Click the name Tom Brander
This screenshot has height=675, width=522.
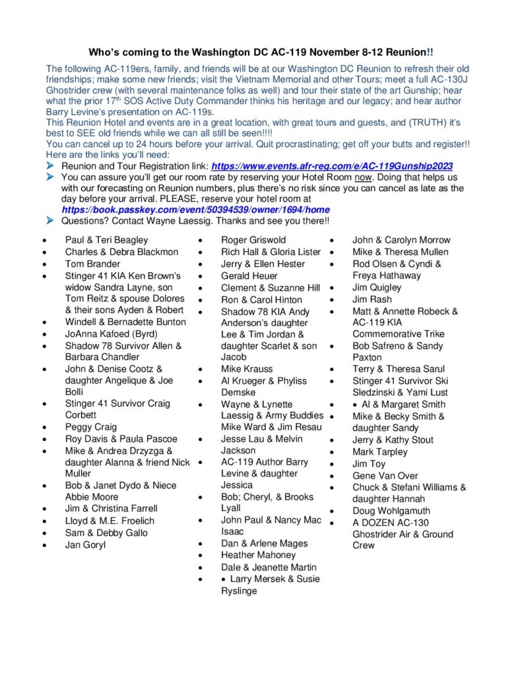[92, 264]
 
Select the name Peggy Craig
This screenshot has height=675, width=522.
[90, 426]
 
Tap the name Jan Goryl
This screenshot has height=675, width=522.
[85, 544]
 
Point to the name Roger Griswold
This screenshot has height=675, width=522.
[253, 240]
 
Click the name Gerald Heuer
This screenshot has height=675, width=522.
[249, 276]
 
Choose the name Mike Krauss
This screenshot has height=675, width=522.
[246, 368]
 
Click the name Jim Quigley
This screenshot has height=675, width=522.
[377, 287]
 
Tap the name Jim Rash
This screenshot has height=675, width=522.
[372, 299]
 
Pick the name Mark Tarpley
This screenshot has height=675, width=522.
[379, 452]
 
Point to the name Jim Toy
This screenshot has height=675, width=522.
[368, 463]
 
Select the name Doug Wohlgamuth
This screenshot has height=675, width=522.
[391, 510]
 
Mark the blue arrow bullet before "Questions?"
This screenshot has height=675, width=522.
[50, 221]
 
